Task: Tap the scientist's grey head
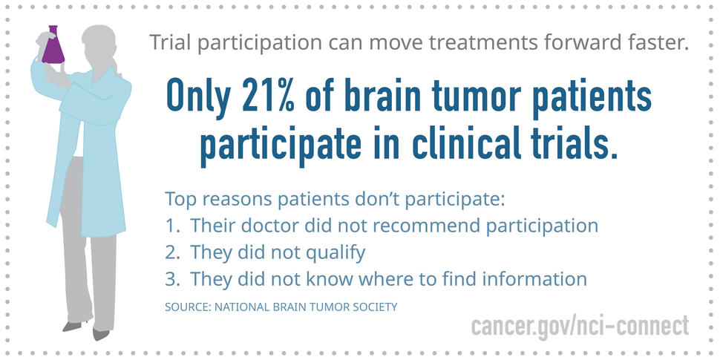click(x=100, y=42)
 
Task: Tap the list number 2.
click(x=172, y=253)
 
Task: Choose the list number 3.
click(x=172, y=280)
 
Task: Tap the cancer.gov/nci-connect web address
click(x=580, y=325)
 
